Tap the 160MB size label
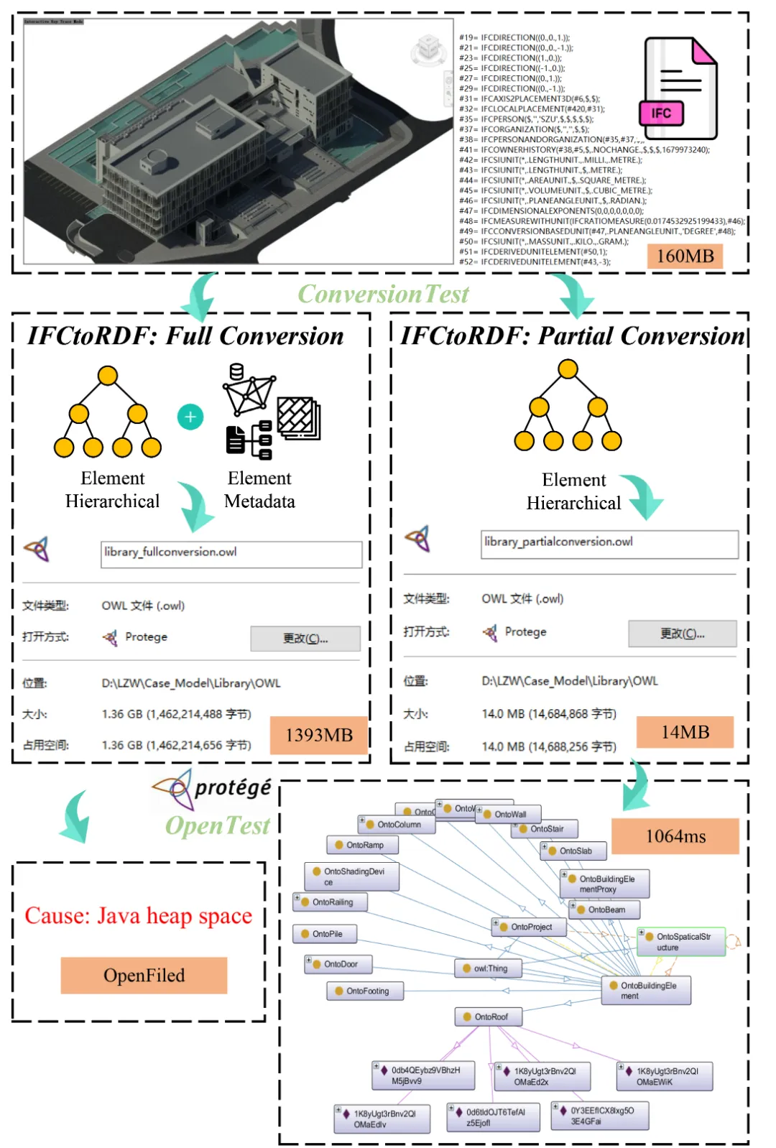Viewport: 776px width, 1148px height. pyautogui.click(x=685, y=256)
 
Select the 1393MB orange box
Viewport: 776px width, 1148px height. pyautogui.click(x=319, y=735)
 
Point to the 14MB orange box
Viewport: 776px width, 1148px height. pyautogui.click(x=685, y=732)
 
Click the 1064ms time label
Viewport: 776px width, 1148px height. pyautogui.click(x=675, y=836)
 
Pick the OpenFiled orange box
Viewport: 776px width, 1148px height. pyautogui.click(x=144, y=975)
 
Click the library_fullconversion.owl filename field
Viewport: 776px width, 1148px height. pyautogui.click(x=231, y=553)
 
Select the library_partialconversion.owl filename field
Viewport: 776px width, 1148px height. pyautogui.click(x=609, y=543)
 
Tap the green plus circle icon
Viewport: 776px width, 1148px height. pyautogui.click(x=190, y=417)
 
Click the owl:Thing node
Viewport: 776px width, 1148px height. pyautogui.click(x=486, y=968)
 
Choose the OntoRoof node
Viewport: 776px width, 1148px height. pyautogui.click(x=488, y=1017)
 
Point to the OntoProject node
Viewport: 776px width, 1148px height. pyautogui.click(x=529, y=927)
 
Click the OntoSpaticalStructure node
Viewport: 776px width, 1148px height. pyautogui.click(x=681, y=942)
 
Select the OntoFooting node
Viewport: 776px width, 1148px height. pyautogui.click(x=365, y=991)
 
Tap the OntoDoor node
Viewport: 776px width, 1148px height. pyautogui.click(x=338, y=964)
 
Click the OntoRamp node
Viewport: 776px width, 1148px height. pyautogui.click(x=362, y=845)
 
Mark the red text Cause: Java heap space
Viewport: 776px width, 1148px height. pyautogui.click(x=138, y=916)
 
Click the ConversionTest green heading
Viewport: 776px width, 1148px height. pyautogui.click(x=383, y=294)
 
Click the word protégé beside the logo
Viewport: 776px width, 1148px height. pyautogui.click(x=233, y=788)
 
